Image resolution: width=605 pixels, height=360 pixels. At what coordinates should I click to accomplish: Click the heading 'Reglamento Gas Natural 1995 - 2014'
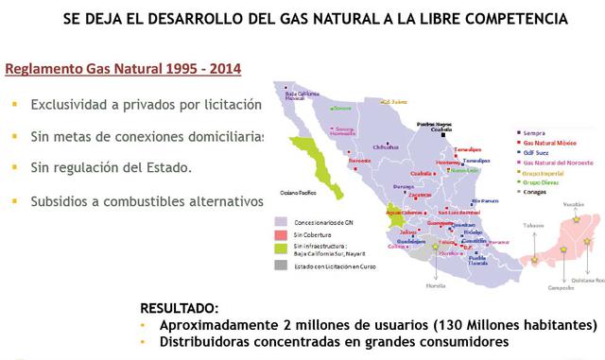coord(123,69)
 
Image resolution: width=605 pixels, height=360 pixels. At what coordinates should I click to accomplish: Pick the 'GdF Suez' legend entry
coord(535,154)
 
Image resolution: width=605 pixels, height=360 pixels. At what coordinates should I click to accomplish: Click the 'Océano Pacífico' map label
coord(299,193)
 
